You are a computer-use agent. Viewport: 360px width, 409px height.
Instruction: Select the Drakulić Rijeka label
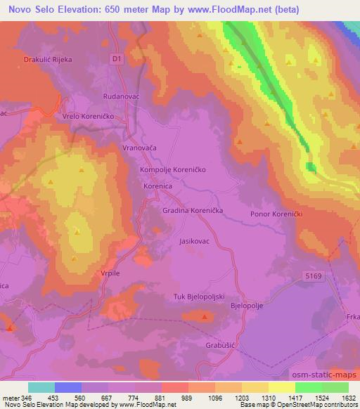pos(49,60)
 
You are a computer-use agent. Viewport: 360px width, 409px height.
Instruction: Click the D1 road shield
pos(117,60)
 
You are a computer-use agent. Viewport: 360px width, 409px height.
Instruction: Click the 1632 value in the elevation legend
pos(347,398)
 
